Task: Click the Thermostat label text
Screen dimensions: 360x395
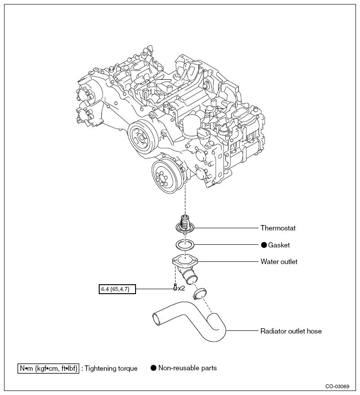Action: (x=278, y=228)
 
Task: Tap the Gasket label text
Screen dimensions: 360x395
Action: (x=279, y=245)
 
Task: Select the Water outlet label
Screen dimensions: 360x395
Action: (x=279, y=262)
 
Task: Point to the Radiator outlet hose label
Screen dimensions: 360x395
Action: (x=291, y=331)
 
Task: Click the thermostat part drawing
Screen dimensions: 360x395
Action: (x=185, y=224)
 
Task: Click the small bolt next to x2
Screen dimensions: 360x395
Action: (x=175, y=287)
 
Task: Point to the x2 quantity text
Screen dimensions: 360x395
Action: (x=181, y=288)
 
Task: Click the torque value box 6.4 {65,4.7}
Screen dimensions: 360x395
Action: (x=117, y=289)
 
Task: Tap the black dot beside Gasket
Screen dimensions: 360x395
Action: (x=264, y=245)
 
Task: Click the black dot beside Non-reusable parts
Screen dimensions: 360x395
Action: (x=154, y=368)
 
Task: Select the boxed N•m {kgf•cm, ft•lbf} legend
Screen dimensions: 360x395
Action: (x=48, y=368)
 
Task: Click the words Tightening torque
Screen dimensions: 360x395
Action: (x=111, y=369)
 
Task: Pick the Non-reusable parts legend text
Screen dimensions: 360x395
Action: (x=188, y=368)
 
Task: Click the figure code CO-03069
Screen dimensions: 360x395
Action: (x=337, y=386)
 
